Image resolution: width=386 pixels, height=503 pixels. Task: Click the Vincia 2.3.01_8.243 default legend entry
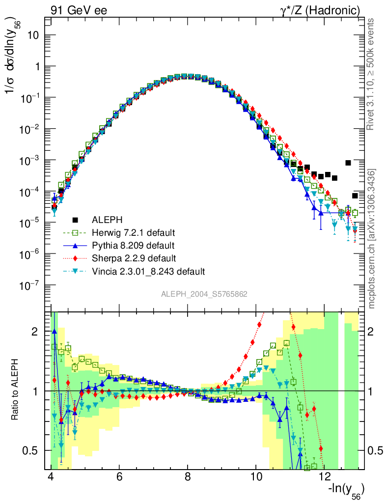coord(148,271)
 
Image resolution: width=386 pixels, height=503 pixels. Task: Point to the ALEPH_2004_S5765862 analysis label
coord(204,294)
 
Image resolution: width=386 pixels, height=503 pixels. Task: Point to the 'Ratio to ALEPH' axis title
coord(16,391)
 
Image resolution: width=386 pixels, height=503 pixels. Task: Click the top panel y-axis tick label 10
coord(33,35)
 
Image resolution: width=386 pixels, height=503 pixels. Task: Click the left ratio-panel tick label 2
coord(34,332)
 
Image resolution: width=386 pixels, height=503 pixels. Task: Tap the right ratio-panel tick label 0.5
coord(377,450)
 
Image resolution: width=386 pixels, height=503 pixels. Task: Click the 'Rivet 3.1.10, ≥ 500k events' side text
coord(372,74)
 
